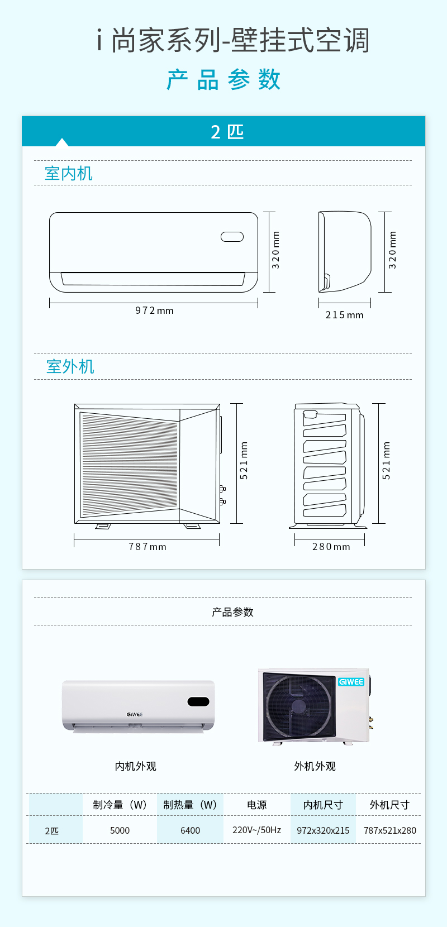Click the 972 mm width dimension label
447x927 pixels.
154,310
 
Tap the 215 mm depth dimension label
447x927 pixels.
344,315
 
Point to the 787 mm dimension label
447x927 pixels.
148,547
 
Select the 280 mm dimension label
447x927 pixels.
331,547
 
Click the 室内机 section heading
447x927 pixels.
69,174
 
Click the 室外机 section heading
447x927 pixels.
70,367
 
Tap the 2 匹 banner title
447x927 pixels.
227,132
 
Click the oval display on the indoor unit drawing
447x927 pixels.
232,237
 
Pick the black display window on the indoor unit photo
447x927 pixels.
198,701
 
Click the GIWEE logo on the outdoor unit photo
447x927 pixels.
351,682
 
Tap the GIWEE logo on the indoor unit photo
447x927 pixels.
135,714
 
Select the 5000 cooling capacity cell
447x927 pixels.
120,830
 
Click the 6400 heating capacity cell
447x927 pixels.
191,830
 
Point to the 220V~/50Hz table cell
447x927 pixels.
256,830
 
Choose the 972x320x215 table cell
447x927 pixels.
324,830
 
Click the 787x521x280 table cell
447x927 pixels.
390,830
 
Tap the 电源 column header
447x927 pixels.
256,805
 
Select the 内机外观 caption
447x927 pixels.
136,766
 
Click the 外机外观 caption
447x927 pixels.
315,766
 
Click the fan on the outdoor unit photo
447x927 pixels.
298,705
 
